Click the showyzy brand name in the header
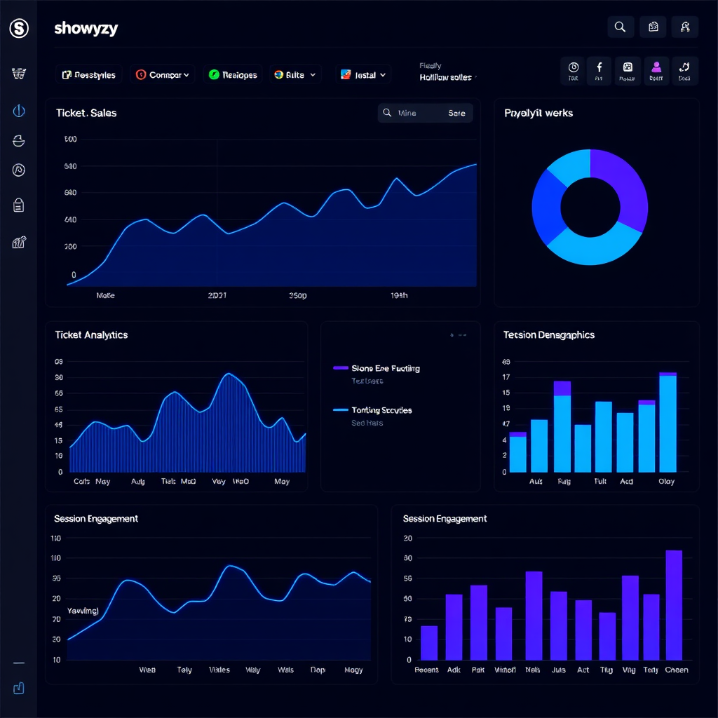(86, 29)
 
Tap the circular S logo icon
(19, 29)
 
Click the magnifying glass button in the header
(620, 27)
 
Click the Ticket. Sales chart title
(86, 113)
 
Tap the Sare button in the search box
(456, 113)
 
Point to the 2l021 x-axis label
(217, 296)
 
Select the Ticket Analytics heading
(91, 335)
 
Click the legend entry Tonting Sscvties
(381, 410)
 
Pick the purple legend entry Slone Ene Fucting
(385, 368)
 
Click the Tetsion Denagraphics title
(549, 335)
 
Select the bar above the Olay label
(668, 424)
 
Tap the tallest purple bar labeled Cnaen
(674, 604)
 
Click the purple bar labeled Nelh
(534, 615)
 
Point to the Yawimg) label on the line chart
(83, 611)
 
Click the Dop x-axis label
(318, 670)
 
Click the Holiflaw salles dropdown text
(446, 78)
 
